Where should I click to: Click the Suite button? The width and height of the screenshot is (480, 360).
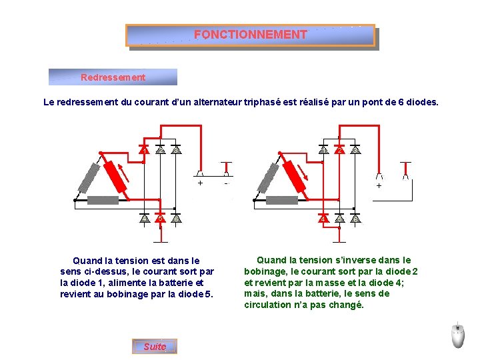point(155,346)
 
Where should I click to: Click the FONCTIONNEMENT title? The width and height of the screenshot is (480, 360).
point(251,35)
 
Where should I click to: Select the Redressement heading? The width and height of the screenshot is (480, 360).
point(113,77)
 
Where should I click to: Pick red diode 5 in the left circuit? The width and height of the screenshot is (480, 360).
point(160,217)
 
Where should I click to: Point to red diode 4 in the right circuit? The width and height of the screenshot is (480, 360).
point(323,217)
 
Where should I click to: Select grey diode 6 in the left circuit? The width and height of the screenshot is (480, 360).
point(176,217)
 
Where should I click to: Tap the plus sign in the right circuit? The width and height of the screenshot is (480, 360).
point(379,187)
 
